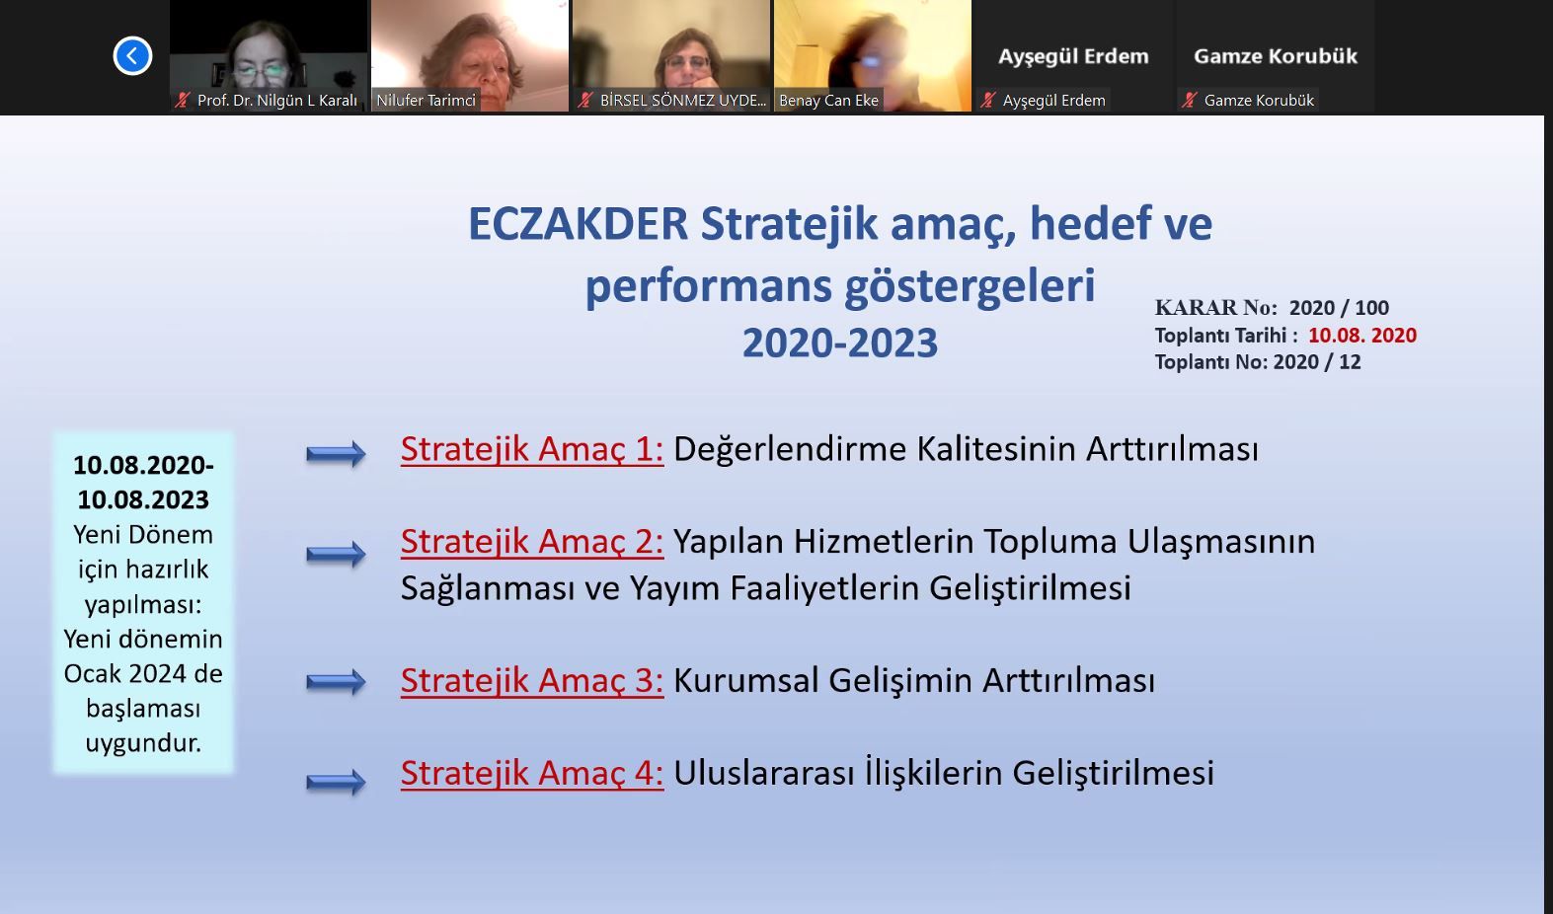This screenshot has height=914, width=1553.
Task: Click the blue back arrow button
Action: click(132, 55)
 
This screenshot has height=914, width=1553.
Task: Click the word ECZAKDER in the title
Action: click(579, 224)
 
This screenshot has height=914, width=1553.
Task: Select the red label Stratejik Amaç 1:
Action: click(532, 449)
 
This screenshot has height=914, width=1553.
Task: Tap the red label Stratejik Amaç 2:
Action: click(532, 541)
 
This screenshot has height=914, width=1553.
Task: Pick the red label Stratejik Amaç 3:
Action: click(532, 680)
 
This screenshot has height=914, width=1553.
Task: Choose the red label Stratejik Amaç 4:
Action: click(532, 773)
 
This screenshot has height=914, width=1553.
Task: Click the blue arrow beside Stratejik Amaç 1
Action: click(336, 454)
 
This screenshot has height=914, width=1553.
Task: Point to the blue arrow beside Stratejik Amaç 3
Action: click(336, 682)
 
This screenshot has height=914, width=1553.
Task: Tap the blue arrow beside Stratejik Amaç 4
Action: click(336, 783)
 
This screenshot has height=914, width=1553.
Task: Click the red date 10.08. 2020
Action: click(1362, 336)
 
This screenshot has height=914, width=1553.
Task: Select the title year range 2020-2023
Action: click(840, 343)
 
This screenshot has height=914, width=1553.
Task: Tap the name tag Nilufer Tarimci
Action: click(426, 101)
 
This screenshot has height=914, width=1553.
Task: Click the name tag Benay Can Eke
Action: click(828, 101)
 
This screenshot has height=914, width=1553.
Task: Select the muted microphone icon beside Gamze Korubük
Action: click(1190, 101)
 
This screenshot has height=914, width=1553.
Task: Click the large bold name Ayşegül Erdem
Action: click(1073, 56)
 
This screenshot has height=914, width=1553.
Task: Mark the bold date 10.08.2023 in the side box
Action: click(143, 499)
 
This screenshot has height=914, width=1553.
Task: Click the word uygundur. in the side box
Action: click(143, 743)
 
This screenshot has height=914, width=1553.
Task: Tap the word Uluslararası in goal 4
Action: click(764, 773)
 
